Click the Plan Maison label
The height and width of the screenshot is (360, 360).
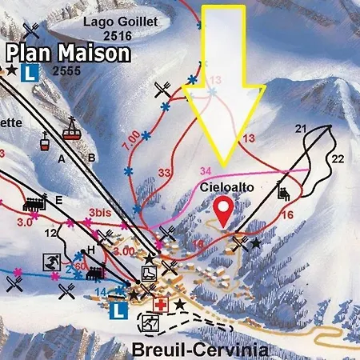pos(68,54)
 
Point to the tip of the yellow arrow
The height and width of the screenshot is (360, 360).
pos(225,163)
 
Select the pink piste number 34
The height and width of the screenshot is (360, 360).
pos(206,170)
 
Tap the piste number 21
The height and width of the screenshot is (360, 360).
pos(301,129)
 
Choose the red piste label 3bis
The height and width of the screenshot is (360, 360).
pos(100,214)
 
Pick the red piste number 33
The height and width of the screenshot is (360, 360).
pos(165,173)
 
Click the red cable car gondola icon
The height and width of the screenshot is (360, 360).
pos(72,130)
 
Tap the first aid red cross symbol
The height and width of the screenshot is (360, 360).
pos(162,306)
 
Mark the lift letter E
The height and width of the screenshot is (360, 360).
pos(59,199)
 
